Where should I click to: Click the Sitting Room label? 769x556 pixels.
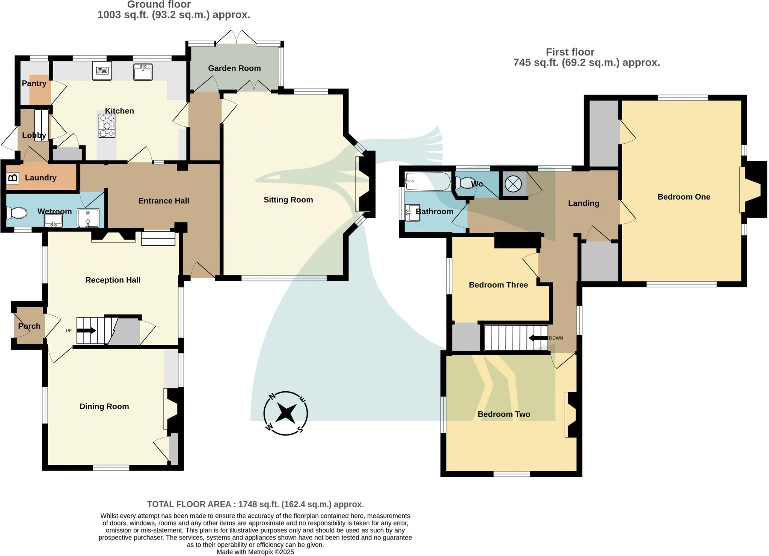pos(288,200)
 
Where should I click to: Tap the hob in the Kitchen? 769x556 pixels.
pos(107,126)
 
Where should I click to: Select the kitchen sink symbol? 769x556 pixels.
pos(143,72)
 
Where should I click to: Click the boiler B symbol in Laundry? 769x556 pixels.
pos(13,177)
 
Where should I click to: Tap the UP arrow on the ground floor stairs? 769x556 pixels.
pos(87,331)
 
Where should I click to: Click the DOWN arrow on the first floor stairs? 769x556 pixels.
pos(538,338)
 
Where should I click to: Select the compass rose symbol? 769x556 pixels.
pos(285,413)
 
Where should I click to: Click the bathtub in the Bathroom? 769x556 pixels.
pos(428,182)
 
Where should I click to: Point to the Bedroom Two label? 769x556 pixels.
pos(504,414)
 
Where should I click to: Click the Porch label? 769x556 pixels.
pos(29,326)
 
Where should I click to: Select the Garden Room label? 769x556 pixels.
pos(234,68)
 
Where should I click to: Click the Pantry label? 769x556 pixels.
pos(34,83)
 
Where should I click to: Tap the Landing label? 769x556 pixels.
pos(583,203)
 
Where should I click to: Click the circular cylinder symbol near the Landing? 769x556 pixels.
pos(513,184)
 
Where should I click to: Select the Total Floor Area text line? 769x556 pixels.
pos(255,504)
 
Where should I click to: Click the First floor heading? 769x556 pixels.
pos(570,52)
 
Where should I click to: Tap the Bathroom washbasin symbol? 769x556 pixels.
pos(412,212)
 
